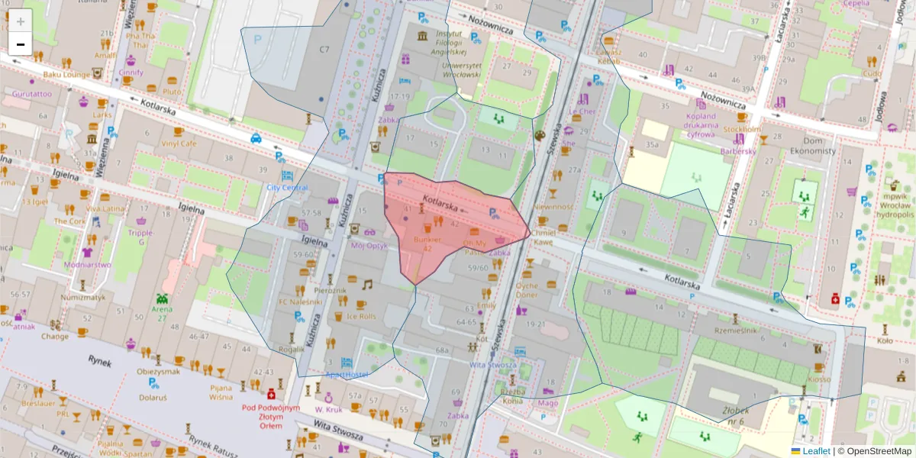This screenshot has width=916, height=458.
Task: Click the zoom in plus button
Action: (x=21, y=21)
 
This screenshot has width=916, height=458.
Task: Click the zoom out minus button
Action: (x=21, y=44)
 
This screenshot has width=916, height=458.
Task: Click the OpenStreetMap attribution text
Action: (x=877, y=451)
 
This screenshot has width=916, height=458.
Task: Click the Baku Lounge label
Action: (x=66, y=75)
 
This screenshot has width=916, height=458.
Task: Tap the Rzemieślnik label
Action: (x=735, y=331)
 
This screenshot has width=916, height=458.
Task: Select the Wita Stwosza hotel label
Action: (x=492, y=364)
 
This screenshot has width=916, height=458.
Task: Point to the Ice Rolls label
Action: (x=361, y=315)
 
